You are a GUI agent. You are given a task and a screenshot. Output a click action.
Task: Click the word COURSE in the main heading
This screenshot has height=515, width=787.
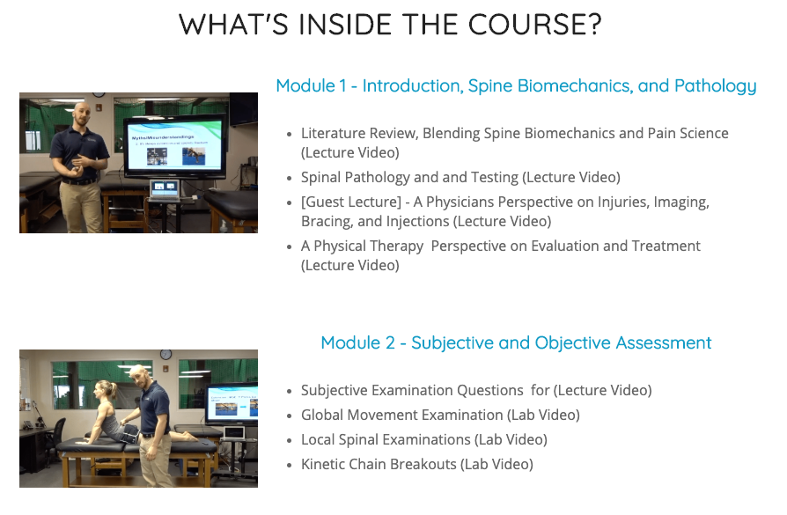[x=534, y=25]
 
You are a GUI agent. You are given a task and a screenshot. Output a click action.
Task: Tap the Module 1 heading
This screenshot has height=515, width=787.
[x=516, y=86]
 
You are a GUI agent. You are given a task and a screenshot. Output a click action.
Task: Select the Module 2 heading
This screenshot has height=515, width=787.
[x=516, y=342]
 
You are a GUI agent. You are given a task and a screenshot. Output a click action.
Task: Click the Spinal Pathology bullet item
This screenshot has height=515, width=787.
[x=460, y=177]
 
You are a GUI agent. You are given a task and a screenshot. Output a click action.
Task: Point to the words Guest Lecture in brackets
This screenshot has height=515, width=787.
[x=351, y=202]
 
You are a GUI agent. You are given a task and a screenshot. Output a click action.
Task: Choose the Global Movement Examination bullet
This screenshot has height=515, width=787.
[x=440, y=416]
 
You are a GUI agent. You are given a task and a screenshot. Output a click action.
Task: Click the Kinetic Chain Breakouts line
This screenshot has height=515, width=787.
[x=417, y=464]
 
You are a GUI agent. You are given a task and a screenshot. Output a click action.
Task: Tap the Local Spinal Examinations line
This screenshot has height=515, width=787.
[x=424, y=439]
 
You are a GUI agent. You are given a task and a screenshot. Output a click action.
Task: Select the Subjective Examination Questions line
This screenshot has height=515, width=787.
[x=476, y=391]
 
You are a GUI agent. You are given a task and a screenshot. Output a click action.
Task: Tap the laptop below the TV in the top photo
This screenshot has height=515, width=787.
[x=164, y=191]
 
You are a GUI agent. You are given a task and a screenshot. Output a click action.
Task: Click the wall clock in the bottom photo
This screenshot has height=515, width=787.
[x=165, y=355]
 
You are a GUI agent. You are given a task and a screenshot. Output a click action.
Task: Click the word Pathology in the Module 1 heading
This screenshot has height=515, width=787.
[x=715, y=86]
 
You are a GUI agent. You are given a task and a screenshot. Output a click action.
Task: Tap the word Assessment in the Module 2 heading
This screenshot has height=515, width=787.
[x=664, y=342]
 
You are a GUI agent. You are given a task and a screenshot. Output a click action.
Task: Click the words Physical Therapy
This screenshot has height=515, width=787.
[x=368, y=246]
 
